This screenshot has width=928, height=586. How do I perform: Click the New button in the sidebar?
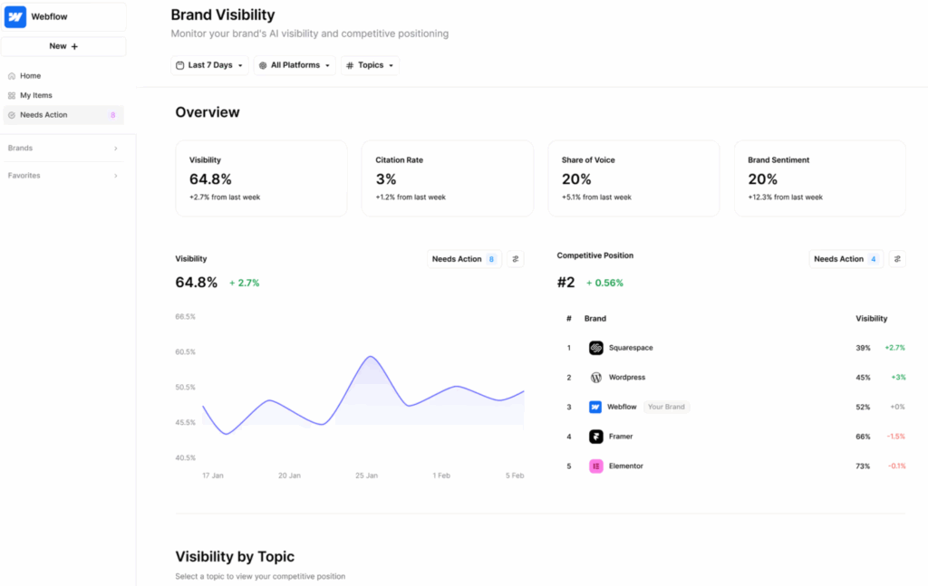(x=63, y=46)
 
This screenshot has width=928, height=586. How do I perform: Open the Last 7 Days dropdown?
(x=209, y=65)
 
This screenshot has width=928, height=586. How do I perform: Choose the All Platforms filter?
(x=295, y=65)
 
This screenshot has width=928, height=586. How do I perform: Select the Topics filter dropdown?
(x=370, y=65)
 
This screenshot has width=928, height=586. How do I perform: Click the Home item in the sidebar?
(x=30, y=76)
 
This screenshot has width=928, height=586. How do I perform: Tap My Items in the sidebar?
(x=36, y=95)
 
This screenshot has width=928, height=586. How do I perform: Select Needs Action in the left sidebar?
(x=43, y=115)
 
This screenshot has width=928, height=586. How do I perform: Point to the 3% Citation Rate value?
(x=386, y=179)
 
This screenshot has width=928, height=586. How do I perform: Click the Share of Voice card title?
(x=588, y=160)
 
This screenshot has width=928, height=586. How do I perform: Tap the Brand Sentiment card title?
(x=778, y=160)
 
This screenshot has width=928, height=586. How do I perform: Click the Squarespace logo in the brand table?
(x=595, y=348)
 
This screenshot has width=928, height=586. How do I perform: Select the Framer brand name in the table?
(x=621, y=437)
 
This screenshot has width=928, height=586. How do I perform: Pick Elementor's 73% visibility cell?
(x=863, y=466)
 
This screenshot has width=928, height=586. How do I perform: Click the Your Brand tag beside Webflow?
(x=667, y=408)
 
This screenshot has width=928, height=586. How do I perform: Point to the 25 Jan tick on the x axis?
(x=366, y=476)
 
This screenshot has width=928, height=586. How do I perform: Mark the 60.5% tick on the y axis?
(x=186, y=351)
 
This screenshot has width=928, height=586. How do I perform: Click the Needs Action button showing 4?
(x=846, y=259)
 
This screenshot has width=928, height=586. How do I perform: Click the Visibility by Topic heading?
(x=235, y=557)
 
